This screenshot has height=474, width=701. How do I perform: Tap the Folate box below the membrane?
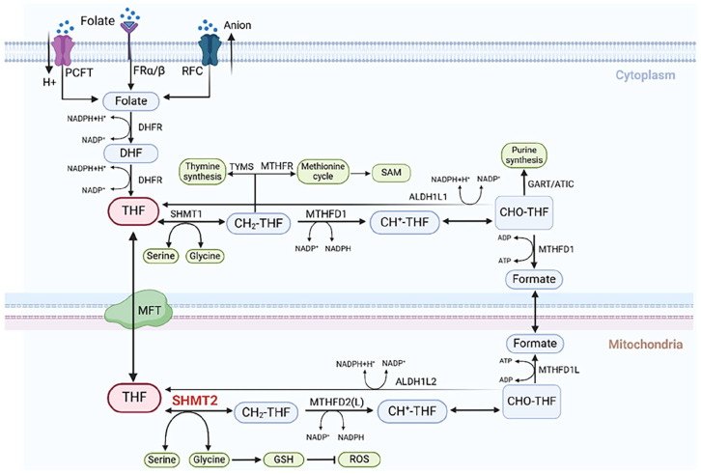click(x=131, y=99)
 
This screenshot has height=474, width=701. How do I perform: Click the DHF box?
click(x=131, y=153)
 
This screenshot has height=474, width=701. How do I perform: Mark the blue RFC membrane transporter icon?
click(x=210, y=47)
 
